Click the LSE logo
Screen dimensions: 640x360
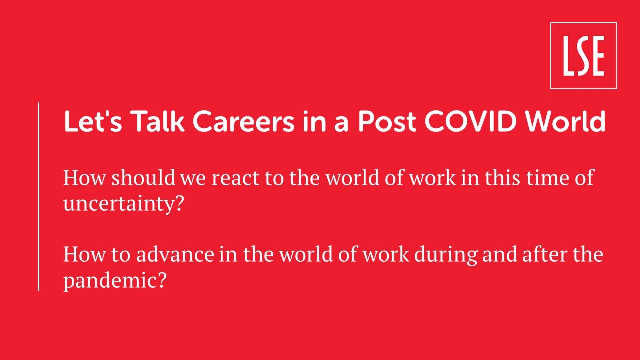point(584,56)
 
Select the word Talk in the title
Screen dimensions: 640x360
point(159,121)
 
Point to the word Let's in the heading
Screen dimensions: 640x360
point(93,121)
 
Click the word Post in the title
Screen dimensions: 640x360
point(387,121)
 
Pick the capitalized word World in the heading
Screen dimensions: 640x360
point(565,121)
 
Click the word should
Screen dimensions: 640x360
point(143,177)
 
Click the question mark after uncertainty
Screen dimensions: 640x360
point(178,203)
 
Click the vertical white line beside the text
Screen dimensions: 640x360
point(38,197)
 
